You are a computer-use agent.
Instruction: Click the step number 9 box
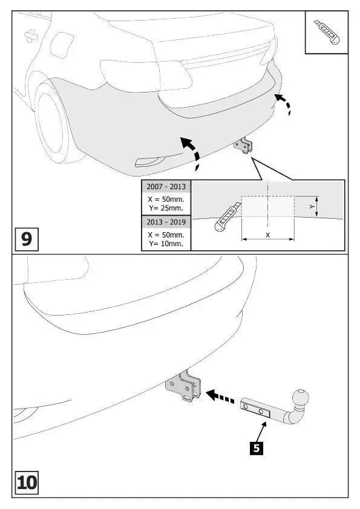tap(27, 239)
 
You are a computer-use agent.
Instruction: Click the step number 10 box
tap(27, 482)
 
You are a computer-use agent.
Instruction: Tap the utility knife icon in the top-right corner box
tap(327, 32)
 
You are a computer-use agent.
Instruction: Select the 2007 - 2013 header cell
tap(166, 187)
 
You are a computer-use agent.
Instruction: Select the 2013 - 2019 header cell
tap(166, 222)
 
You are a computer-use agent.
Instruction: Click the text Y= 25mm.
tap(166, 208)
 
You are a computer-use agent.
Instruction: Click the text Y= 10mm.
tap(166, 244)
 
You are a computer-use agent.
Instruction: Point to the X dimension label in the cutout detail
tap(267, 235)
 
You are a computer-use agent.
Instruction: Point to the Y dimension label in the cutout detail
tap(312, 207)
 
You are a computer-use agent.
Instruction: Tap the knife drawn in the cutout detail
tap(228, 217)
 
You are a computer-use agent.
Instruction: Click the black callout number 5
tap(257, 448)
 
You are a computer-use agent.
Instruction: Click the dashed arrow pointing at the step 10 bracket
tap(220, 397)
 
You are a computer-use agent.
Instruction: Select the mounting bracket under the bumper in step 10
tap(183, 386)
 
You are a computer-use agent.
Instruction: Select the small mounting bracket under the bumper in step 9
tap(243, 146)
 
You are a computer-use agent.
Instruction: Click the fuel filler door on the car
tap(62, 45)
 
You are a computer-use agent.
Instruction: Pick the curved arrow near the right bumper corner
tap(284, 103)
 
